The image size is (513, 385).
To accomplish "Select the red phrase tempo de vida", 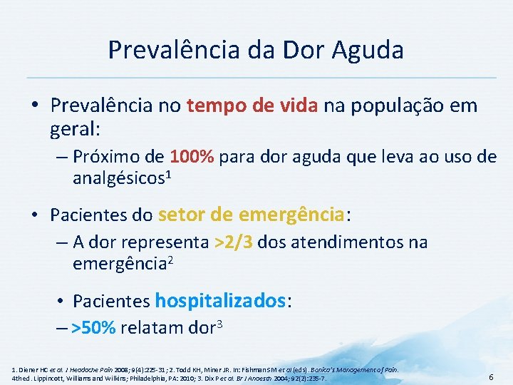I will [x=253, y=106].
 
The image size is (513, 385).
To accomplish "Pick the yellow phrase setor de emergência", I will [x=251, y=214].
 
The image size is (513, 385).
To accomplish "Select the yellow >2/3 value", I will [x=233, y=242].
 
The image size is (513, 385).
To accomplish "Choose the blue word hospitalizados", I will [x=220, y=301].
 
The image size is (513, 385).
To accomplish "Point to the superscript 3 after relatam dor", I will [x=221, y=324].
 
